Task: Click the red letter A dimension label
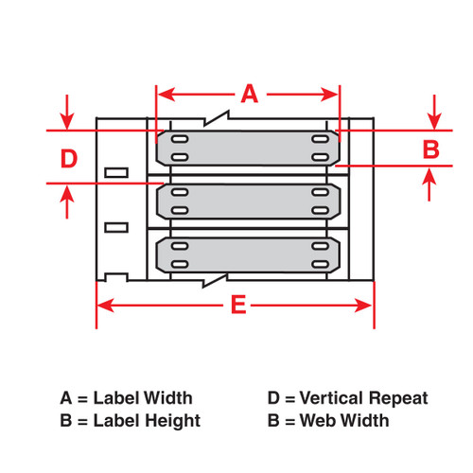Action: point(248,94)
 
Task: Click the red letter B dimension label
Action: point(430,149)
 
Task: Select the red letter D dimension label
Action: point(68,158)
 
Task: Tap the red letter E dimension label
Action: point(238,305)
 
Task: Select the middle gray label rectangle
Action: point(248,201)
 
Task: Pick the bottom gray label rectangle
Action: point(248,254)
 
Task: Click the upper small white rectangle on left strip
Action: point(115,172)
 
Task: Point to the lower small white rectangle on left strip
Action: point(115,226)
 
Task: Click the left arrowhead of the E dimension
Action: point(104,305)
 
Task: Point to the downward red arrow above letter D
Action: point(67,119)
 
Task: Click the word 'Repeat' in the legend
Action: point(402,398)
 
